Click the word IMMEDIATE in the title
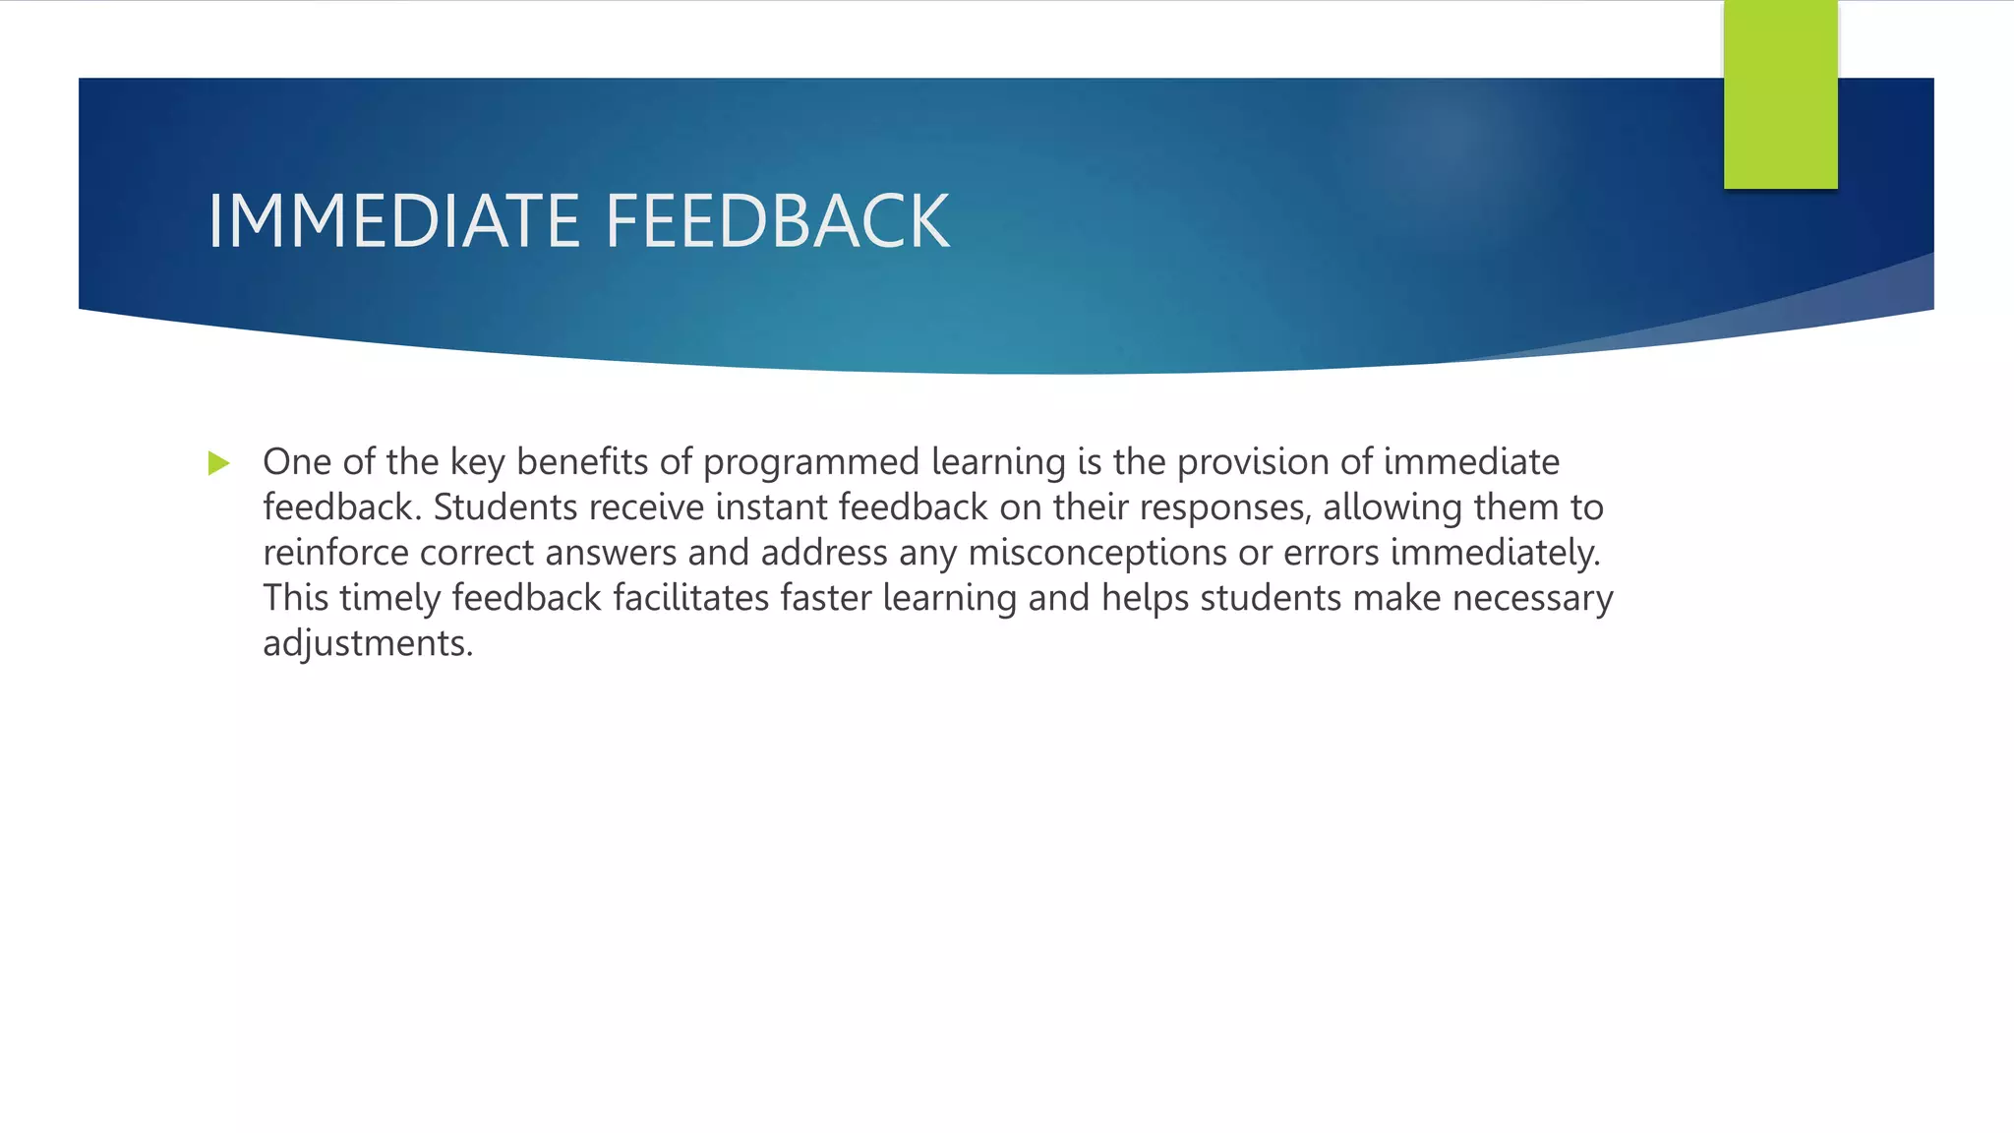(x=393, y=221)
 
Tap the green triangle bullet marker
(x=218, y=463)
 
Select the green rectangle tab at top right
(x=1780, y=94)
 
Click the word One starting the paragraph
(x=297, y=462)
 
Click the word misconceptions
(x=1097, y=553)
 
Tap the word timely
(x=390, y=598)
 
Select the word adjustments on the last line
(x=368, y=643)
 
